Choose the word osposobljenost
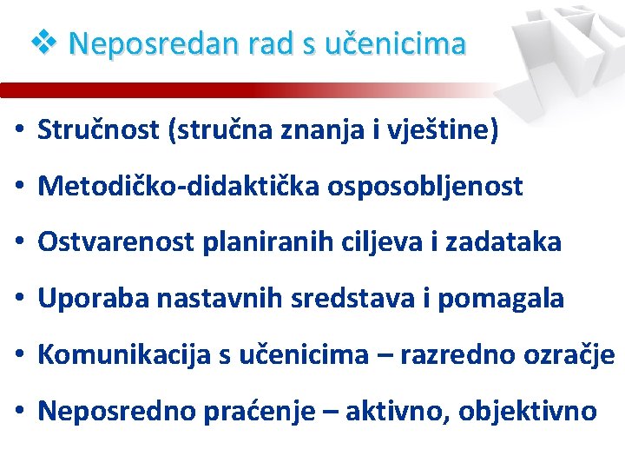click(x=425, y=187)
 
